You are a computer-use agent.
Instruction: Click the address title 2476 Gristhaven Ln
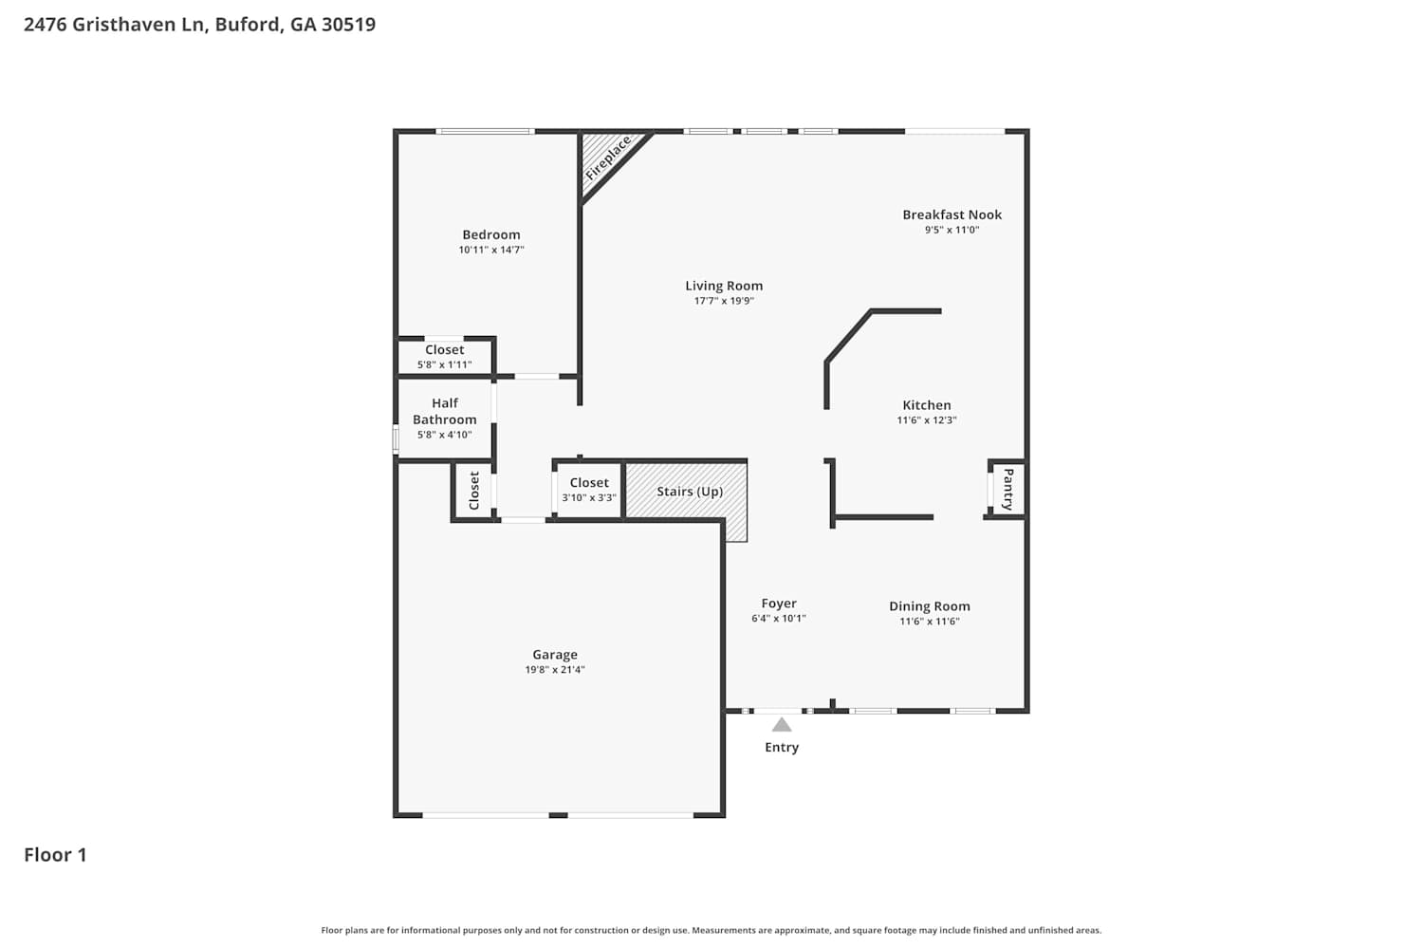[x=199, y=25]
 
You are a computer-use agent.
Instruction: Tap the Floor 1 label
[x=55, y=855]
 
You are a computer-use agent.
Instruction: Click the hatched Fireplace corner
[x=607, y=158]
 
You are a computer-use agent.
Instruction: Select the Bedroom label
[x=491, y=234]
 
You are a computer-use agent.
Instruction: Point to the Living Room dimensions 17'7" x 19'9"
[x=724, y=301]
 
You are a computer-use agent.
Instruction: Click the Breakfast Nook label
[x=952, y=214]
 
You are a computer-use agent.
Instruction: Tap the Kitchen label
[x=926, y=405]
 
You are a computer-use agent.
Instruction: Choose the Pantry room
[x=1007, y=489]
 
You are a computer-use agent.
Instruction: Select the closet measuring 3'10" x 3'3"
[x=589, y=490]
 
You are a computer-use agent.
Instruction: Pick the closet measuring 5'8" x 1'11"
[x=445, y=357]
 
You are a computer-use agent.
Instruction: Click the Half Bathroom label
[x=445, y=411]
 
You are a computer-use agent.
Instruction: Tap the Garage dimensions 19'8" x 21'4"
[x=555, y=669]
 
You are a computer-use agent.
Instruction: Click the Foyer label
[x=779, y=604]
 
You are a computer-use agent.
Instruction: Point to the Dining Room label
[x=930, y=606]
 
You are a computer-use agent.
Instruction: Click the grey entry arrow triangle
[x=782, y=725]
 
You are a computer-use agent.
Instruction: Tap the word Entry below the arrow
[x=782, y=748]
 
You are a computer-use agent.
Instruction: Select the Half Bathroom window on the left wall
[x=396, y=438]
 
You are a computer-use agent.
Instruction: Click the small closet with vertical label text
[x=473, y=490]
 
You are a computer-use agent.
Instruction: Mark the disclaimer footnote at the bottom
[x=711, y=930]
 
